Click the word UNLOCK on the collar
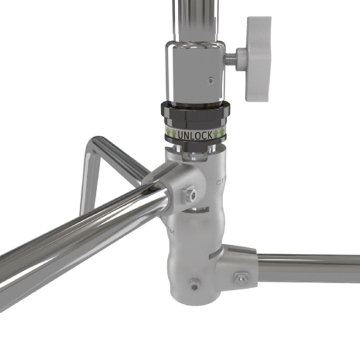point(195,135)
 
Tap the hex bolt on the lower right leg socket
point(240,278)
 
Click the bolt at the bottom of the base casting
point(194,285)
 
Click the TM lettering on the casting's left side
point(170,230)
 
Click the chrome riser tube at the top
point(197,18)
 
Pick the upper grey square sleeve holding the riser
point(194,72)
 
